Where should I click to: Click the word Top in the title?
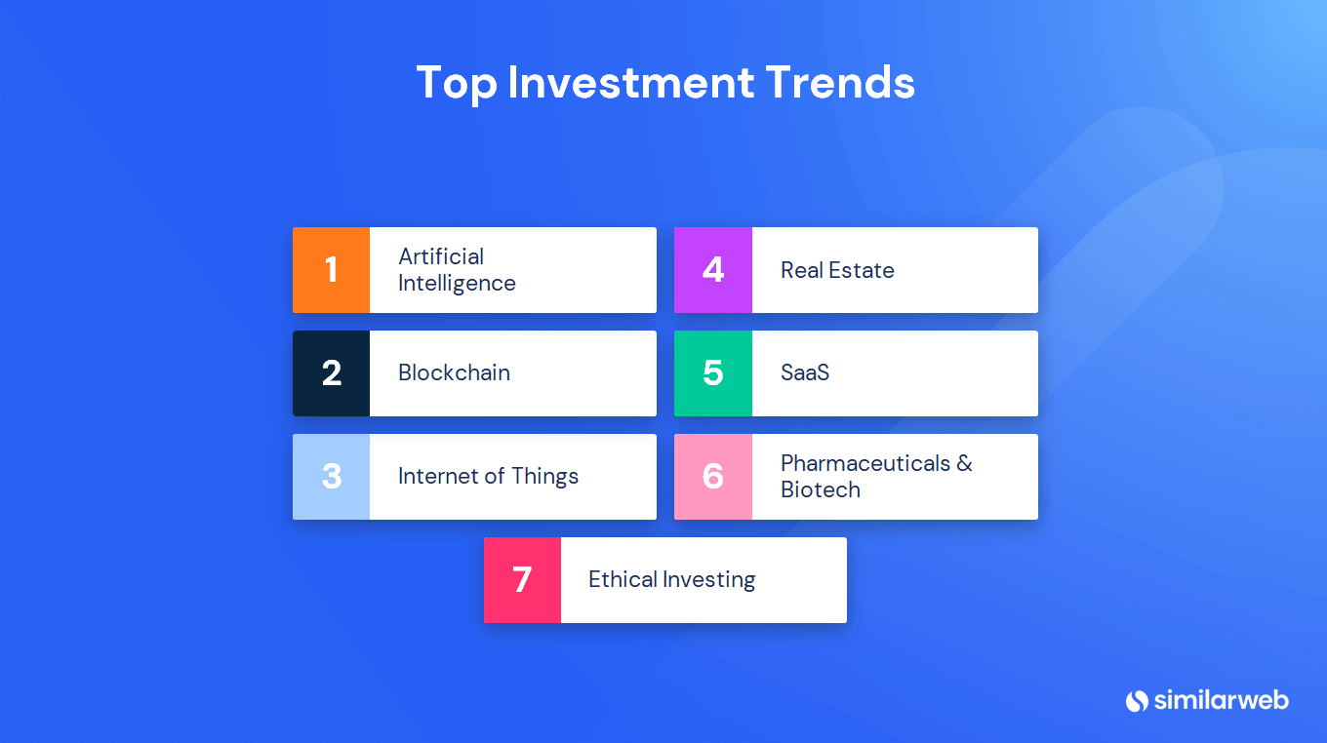[x=457, y=84]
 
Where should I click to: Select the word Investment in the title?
[x=631, y=82]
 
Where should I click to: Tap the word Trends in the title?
[x=840, y=82]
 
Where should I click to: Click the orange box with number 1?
[x=331, y=270]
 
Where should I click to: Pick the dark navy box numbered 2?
[x=331, y=373]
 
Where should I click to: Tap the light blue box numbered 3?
[x=331, y=477]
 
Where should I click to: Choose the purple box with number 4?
[x=713, y=270]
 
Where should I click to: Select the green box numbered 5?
[x=713, y=373]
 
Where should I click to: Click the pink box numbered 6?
[x=713, y=477]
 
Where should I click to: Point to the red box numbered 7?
[x=523, y=580]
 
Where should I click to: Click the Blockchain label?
[x=454, y=373]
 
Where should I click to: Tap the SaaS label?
[x=804, y=373]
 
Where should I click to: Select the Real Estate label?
[x=837, y=270]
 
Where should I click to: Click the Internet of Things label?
[x=488, y=477]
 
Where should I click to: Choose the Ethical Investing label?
[x=671, y=580]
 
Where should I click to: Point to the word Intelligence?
[x=457, y=284]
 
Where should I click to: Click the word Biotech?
[x=821, y=490]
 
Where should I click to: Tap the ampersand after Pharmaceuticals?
[x=964, y=463]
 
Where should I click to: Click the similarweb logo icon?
[x=1137, y=701]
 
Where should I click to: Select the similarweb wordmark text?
[x=1222, y=700]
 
